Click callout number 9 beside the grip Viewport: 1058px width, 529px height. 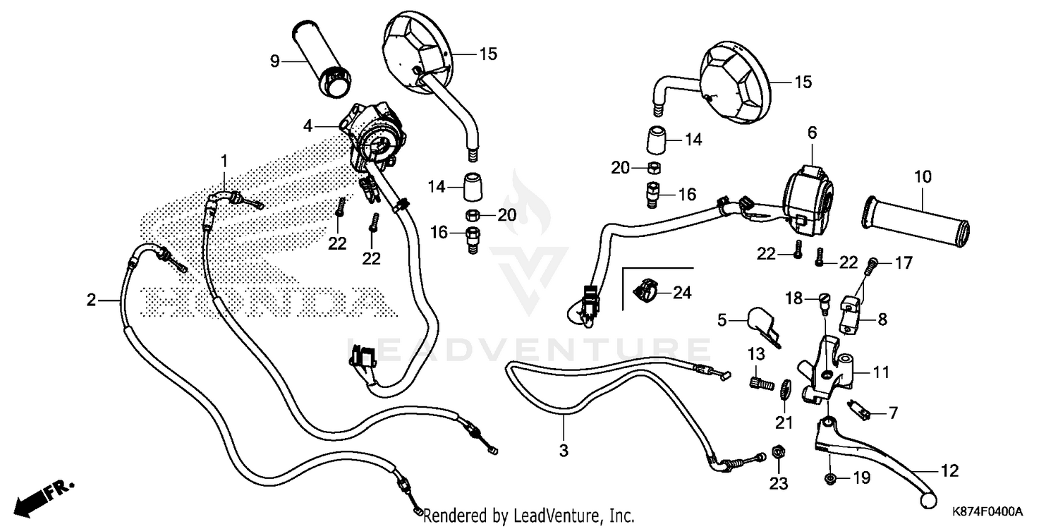(275, 61)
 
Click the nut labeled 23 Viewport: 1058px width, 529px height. (777, 452)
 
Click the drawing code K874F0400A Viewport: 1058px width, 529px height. (987, 510)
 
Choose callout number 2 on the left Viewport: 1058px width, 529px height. (91, 300)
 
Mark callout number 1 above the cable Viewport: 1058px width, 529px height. (225, 161)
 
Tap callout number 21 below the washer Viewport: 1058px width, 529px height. (784, 422)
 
